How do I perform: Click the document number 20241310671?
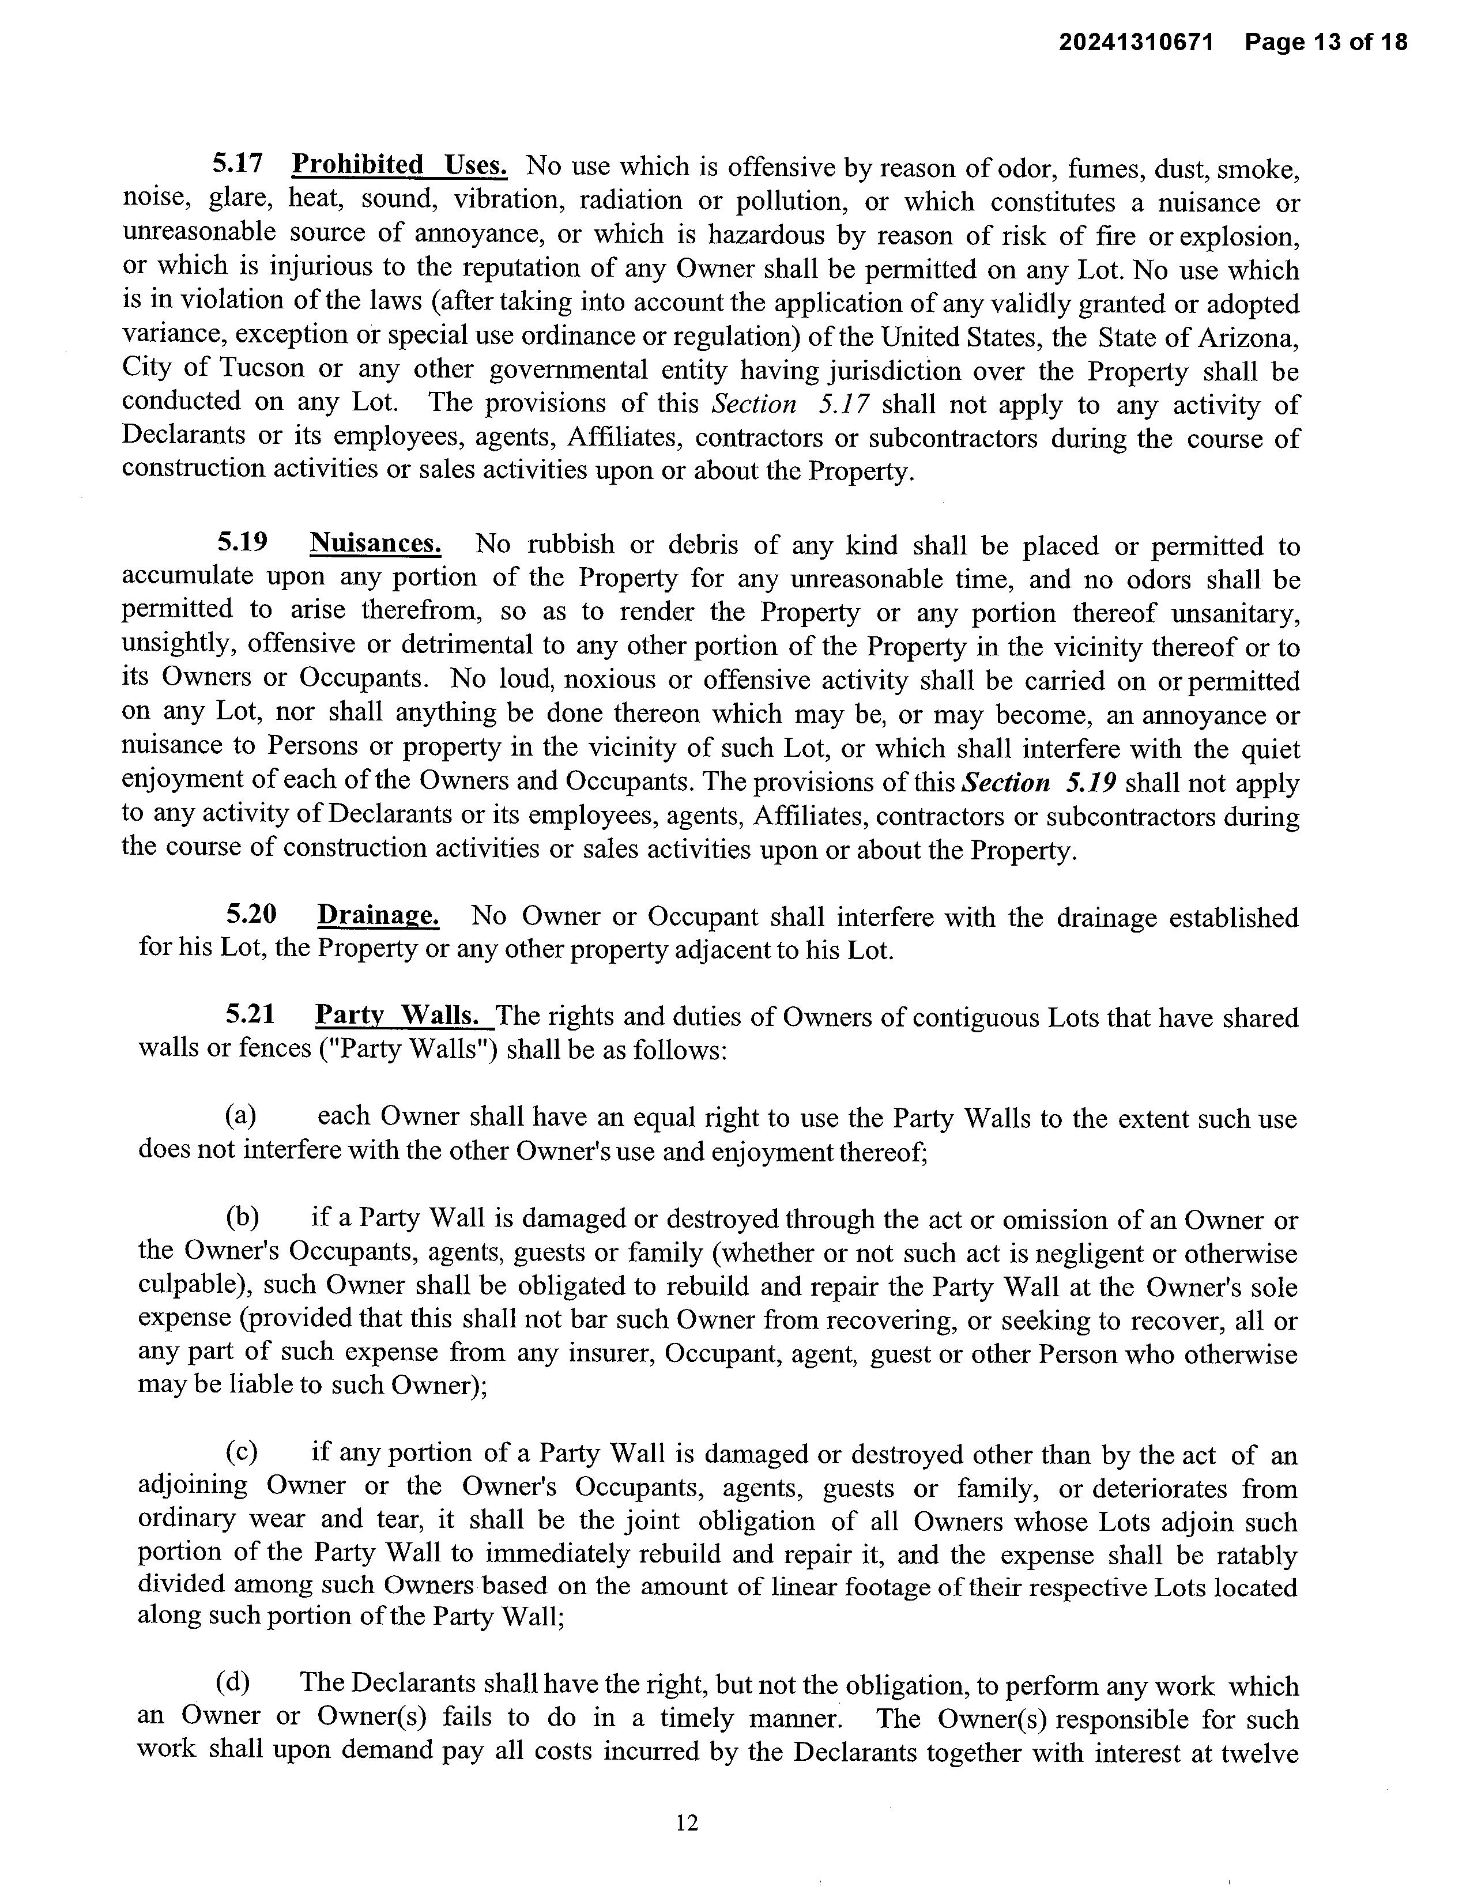coord(1136,42)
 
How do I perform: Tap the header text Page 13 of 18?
coord(1325,42)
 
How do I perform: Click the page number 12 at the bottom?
coord(687,1822)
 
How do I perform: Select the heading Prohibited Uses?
coord(399,165)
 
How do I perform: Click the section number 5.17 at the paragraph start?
coord(238,165)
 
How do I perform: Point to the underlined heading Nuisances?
coord(375,544)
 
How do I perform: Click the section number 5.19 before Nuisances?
coord(242,544)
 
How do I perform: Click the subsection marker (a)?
coord(240,1116)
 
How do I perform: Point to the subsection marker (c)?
coord(241,1452)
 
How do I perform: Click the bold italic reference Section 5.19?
coord(1038,783)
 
